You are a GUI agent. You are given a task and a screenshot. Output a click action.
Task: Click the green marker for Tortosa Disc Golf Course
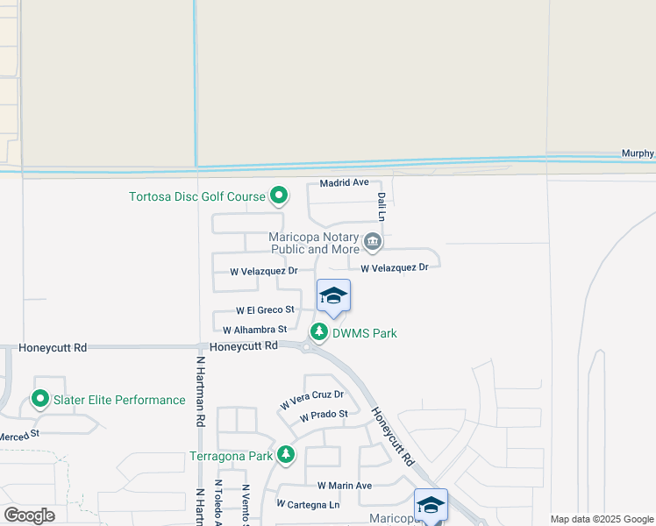[279, 195]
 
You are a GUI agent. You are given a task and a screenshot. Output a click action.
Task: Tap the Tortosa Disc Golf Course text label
[197, 196]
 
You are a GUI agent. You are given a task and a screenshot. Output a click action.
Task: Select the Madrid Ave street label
[344, 183]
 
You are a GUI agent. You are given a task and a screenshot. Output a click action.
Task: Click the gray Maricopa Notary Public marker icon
[372, 240]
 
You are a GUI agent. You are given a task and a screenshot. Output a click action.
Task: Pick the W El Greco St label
[265, 310]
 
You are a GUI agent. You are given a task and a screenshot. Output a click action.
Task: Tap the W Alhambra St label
[255, 330]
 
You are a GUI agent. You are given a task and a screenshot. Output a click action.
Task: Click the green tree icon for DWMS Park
[319, 332]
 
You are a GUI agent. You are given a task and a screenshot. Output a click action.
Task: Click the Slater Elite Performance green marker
[40, 400]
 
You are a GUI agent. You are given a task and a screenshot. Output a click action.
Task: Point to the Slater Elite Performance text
[120, 401]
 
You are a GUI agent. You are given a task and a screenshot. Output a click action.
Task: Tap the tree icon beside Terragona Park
[285, 454]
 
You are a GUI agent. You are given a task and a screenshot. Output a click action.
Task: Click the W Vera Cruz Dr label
[312, 399]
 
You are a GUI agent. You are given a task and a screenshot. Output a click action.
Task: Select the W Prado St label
[324, 416]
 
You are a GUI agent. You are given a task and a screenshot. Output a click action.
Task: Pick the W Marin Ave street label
[345, 486]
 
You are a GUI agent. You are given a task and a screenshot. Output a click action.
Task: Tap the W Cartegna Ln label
[308, 505]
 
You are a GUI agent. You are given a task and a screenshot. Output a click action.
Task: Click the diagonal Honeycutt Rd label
[391, 436]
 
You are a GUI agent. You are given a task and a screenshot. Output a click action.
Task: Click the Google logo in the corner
[29, 515]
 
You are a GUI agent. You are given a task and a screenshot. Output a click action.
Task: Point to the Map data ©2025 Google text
[602, 520]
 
